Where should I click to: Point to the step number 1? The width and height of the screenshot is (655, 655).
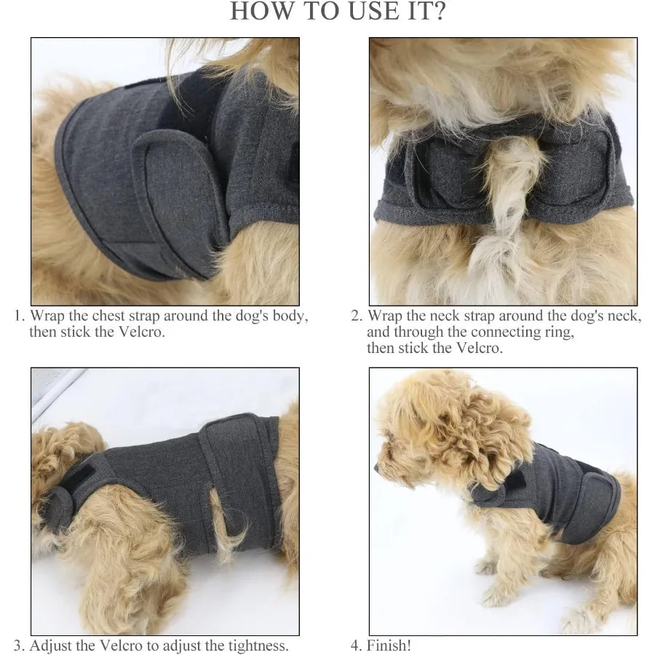tap(20, 317)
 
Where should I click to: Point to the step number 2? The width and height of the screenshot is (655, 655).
tap(356, 317)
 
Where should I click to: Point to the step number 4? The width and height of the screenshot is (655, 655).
tap(356, 646)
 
